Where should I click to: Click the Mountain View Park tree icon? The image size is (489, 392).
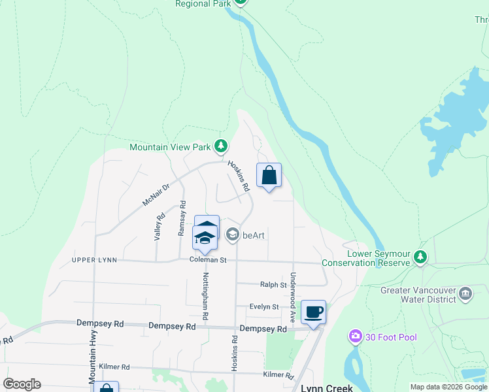(222, 146)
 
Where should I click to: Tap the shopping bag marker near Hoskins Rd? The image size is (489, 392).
(269, 175)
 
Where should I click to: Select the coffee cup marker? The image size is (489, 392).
(314, 312)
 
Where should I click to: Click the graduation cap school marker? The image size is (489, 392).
(205, 238)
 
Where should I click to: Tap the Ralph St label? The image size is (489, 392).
(274, 285)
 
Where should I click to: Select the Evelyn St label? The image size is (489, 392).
(264, 306)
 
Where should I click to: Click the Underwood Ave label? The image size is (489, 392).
(294, 297)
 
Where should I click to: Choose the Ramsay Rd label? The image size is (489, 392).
(182, 218)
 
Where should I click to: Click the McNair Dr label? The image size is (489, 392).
(156, 195)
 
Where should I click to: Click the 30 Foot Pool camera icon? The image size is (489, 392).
(355, 336)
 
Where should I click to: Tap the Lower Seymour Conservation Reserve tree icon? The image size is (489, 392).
(422, 257)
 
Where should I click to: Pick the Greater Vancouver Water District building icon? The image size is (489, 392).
(465, 293)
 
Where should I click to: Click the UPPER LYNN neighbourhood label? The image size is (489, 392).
(95, 260)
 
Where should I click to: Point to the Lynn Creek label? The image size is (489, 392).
(327, 387)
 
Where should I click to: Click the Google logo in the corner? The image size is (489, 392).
(22, 384)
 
